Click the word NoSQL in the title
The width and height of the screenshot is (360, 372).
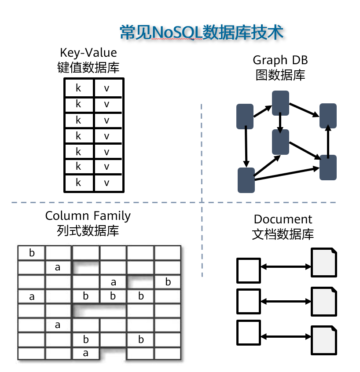click(176, 33)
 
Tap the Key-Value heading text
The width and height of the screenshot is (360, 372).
click(88, 53)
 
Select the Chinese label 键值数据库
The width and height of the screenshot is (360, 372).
click(88, 67)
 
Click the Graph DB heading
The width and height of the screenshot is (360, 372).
click(280, 60)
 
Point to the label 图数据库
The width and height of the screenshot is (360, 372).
click(280, 75)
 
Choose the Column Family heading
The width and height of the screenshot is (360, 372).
click(88, 216)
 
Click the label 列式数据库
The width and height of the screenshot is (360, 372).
click(88, 230)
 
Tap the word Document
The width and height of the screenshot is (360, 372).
click(283, 219)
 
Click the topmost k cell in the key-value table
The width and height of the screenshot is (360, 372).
click(79, 88)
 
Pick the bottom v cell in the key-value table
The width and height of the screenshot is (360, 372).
click(107, 183)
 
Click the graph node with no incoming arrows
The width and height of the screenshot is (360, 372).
click(245, 117)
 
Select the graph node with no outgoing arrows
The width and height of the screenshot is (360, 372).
click(328, 116)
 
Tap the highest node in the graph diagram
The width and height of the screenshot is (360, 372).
click(280, 103)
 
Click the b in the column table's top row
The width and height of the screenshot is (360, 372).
click(32, 253)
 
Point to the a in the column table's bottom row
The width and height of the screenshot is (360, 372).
click(86, 353)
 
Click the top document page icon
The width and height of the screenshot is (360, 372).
click(324, 263)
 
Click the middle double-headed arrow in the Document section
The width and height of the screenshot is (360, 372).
click(286, 302)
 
